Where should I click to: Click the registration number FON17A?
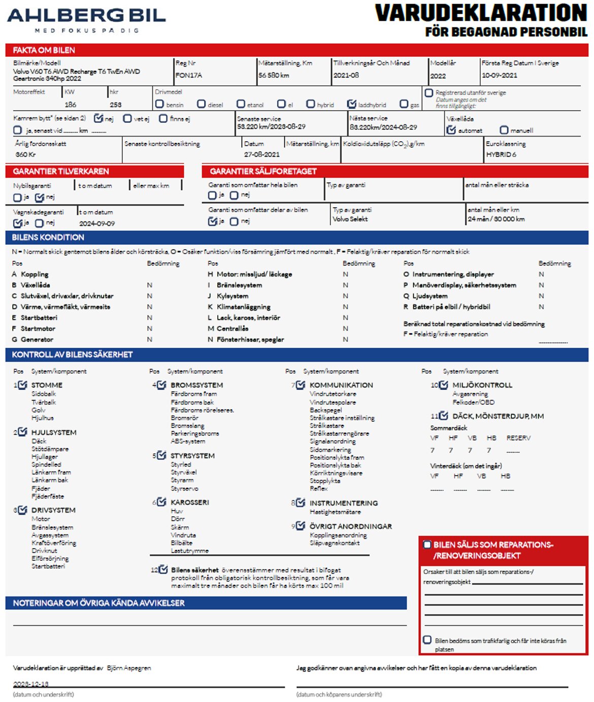pyautogui.click(x=189, y=75)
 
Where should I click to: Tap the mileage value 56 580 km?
pyautogui.click(x=274, y=75)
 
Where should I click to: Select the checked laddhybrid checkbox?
pyautogui.click(x=351, y=104)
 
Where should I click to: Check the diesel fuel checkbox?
pyautogui.click(x=202, y=104)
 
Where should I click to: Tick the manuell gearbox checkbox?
pyautogui.click(x=504, y=130)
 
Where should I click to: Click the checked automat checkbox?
pyautogui.click(x=451, y=130)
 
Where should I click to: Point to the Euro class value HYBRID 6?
pyautogui.click(x=501, y=154)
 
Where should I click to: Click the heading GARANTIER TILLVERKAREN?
pyautogui.click(x=61, y=172)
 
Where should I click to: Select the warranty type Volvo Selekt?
pyautogui.click(x=350, y=219)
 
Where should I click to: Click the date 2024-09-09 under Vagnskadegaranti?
pyautogui.click(x=97, y=223)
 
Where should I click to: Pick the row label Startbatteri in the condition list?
pyautogui.click(x=39, y=318)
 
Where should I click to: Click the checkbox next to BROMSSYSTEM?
pyautogui.click(x=161, y=385)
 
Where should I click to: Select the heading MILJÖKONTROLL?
pyautogui.click(x=482, y=385)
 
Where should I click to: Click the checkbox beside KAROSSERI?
pyautogui.click(x=161, y=502)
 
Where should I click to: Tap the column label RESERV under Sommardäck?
pyautogui.click(x=518, y=438)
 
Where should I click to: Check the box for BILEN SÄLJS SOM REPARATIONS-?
pyautogui.click(x=427, y=545)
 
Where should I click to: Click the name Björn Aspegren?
pyautogui.click(x=129, y=668)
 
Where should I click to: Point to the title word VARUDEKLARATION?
pyautogui.click(x=481, y=13)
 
